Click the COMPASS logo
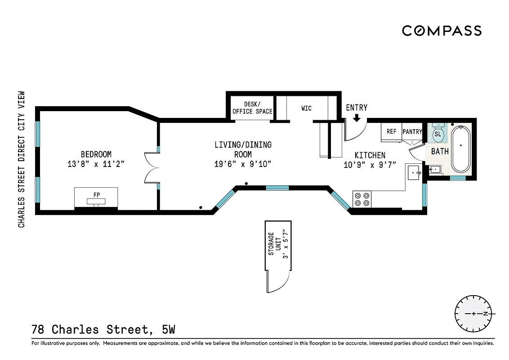coord(442,31)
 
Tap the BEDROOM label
coord(96,154)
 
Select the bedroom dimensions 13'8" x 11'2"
coord(96,164)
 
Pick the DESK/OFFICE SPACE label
coord(252,108)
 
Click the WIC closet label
coord(306,108)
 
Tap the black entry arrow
coord(357,117)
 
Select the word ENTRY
coord(357,108)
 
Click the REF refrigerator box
coord(392,132)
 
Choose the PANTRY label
coord(412,132)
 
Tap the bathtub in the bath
coord(461,149)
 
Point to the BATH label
coord(440,151)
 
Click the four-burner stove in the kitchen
coord(362,199)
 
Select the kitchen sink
coord(415,172)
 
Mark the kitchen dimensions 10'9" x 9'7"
coord(370,165)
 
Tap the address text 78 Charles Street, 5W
coord(103,330)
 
